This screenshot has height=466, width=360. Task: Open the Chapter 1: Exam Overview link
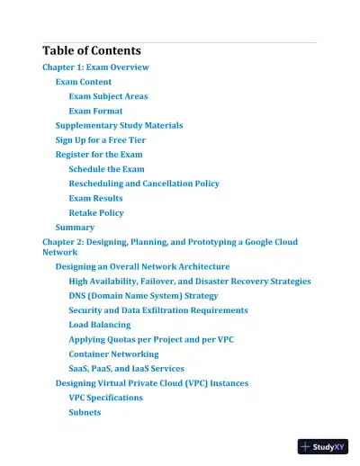click(95, 67)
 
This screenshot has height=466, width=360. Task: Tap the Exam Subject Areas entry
click(108, 96)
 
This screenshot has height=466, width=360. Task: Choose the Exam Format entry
click(95, 111)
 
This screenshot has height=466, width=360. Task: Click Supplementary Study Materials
click(119, 126)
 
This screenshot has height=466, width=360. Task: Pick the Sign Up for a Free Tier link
click(100, 140)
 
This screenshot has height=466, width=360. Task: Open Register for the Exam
click(99, 155)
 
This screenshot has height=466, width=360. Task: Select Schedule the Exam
click(106, 169)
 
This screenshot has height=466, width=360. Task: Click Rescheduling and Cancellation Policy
click(144, 184)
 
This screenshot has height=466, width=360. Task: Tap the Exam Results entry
click(95, 198)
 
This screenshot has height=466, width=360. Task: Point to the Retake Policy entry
click(96, 213)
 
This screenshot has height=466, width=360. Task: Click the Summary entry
click(75, 228)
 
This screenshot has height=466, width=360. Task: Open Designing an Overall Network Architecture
click(142, 266)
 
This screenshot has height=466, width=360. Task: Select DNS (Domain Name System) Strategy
click(143, 295)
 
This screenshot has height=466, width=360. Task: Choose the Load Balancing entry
click(99, 325)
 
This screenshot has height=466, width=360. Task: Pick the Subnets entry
click(85, 412)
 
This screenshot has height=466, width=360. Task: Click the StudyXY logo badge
click(323, 445)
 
